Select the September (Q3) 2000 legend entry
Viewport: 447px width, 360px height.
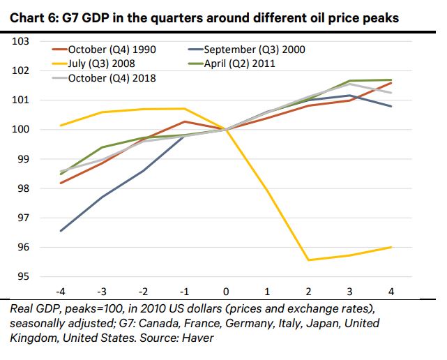[x=254, y=50]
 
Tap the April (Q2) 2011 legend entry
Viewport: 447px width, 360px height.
[x=241, y=63]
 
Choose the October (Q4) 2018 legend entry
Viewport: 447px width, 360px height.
[x=112, y=77]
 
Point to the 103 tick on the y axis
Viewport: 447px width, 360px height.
[x=22, y=42]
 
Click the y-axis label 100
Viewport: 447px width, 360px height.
[x=22, y=130]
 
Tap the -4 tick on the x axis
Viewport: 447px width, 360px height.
[x=61, y=290]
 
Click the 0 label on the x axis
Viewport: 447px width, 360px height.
[x=225, y=290]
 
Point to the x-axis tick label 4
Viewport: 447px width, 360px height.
[x=391, y=290]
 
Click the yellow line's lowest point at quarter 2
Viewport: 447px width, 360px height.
[x=308, y=260]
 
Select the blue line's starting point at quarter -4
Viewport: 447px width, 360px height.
[x=61, y=231]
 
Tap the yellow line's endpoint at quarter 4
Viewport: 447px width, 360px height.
[x=391, y=247]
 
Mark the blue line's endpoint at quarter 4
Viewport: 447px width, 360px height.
[x=391, y=106]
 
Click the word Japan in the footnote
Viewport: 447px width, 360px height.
[x=299, y=324]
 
